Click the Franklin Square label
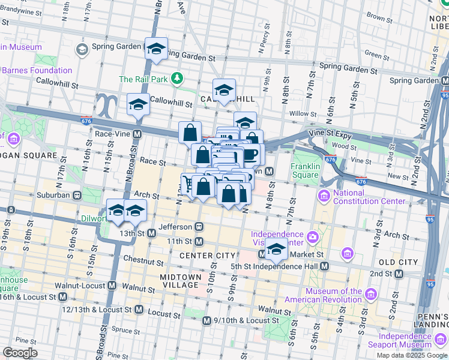[304, 170]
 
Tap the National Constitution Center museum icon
[324, 196]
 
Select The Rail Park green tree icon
[177, 78]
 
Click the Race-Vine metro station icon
[137, 134]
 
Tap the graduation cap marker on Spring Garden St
[156, 49]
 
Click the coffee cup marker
[250, 154]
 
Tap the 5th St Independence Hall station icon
[324, 266]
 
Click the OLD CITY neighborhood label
[399, 262]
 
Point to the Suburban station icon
[77, 195]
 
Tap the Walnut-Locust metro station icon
[112, 286]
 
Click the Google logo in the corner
[20, 352]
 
